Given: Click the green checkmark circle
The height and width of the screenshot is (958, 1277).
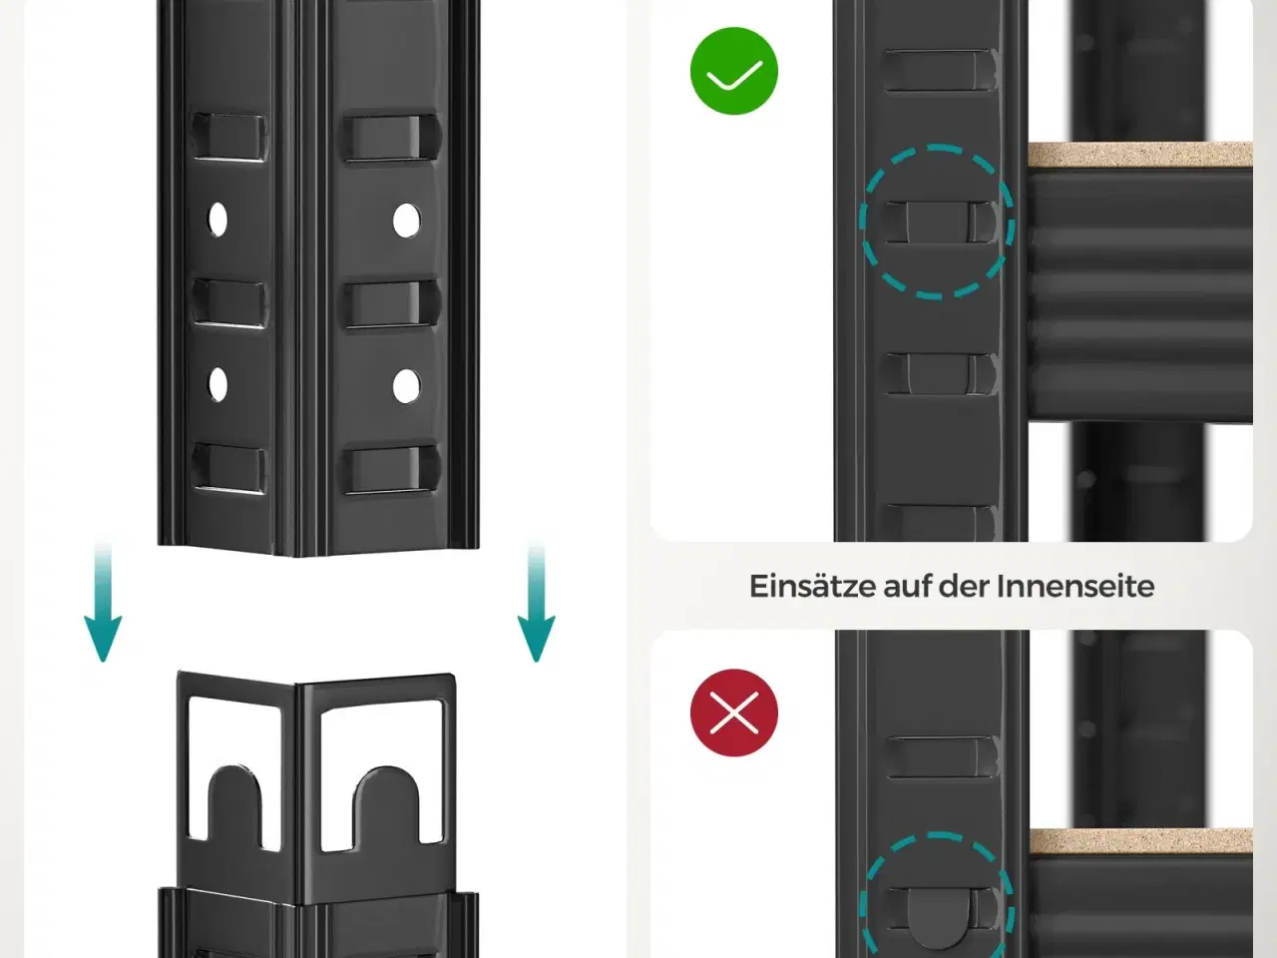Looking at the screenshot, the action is pyautogui.click(x=733, y=71).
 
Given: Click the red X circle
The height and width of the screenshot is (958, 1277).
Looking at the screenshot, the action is pyautogui.click(x=733, y=713).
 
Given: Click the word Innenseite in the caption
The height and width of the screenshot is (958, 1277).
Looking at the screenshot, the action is pyautogui.click(x=1075, y=586).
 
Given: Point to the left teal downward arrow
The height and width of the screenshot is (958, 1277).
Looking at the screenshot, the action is pyautogui.click(x=103, y=602).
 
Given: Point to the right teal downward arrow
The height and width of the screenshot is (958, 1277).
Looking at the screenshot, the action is pyautogui.click(x=536, y=602).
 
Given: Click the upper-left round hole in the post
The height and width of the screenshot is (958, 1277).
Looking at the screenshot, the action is pyautogui.click(x=218, y=220).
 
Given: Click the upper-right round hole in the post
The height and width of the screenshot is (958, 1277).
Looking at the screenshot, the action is pyautogui.click(x=406, y=221).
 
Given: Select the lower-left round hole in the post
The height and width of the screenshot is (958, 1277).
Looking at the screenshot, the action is pyautogui.click(x=218, y=384).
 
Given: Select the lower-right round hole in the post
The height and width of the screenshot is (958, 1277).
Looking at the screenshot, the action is pyautogui.click(x=406, y=385).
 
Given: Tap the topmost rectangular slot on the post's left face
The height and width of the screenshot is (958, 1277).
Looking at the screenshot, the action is pyautogui.click(x=229, y=136).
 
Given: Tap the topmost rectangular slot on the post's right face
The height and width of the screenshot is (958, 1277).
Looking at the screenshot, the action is pyautogui.click(x=391, y=138).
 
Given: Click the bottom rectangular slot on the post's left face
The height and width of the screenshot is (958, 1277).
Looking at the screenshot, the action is pyautogui.click(x=229, y=468).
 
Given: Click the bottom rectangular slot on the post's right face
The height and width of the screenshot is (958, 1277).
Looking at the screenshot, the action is pyautogui.click(x=391, y=470).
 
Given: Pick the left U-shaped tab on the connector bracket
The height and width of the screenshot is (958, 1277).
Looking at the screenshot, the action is pyautogui.click(x=234, y=808).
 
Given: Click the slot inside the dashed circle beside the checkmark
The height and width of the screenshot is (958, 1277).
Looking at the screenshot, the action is pyautogui.click(x=938, y=222).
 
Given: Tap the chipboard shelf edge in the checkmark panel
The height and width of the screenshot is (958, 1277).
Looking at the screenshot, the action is pyautogui.click(x=1140, y=154).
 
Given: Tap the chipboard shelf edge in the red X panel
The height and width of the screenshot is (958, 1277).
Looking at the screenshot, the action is pyautogui.click(x=1140, y=841).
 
